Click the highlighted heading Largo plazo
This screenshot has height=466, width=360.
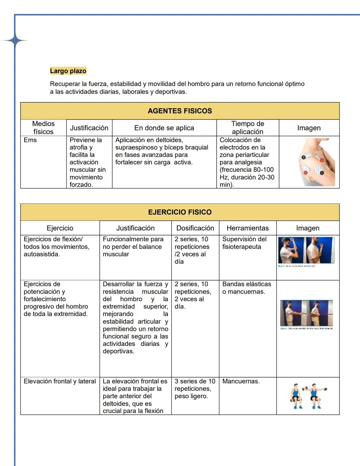[68, 71]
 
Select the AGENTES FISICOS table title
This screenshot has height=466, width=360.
[180, 111]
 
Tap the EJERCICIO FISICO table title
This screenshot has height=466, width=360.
[180, 212]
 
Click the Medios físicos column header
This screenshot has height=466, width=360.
[43, 128]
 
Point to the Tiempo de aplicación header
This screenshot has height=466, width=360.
[247, 128]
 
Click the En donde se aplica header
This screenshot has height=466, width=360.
[164, 128]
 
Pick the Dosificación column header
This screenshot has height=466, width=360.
[195, 228]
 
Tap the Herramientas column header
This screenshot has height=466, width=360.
[247, 228]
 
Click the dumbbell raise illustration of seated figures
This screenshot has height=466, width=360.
[308, 396]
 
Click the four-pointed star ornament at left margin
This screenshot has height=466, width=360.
[15, 41]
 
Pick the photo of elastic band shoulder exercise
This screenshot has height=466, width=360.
[306, 313]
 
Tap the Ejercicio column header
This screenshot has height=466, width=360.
[60, 228]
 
